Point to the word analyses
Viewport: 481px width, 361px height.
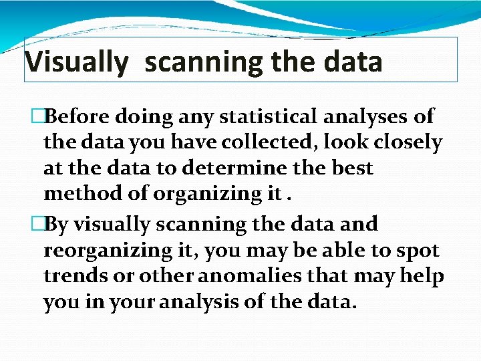point(367,116)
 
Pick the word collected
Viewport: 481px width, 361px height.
point(253,142)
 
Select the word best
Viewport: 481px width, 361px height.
point(351,168)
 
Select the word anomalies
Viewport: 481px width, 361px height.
point(304,276)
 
